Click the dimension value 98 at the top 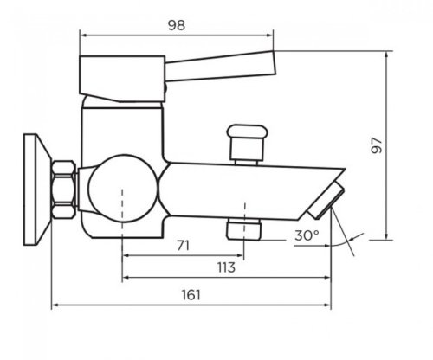(177, 25)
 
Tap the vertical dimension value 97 (377, 145)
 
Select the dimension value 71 (184, 246)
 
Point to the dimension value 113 (226, 267)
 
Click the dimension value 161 (191, 295)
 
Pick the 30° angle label (307, 235)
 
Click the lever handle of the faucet (220, 66)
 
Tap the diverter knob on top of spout (247, 145)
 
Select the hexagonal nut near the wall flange (64, 190)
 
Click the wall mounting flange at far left (36, 190)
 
